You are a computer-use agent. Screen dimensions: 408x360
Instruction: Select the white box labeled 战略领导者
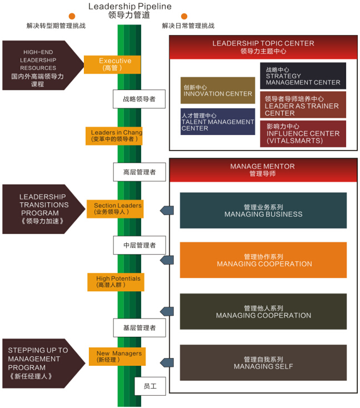pyautogui.click(x=139, y=99)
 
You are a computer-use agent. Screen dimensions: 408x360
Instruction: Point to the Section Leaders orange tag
pyautogui.click(x=117, y=208)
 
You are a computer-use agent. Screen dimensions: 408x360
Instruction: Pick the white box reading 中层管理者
pyautogui.click(x=139, y=245)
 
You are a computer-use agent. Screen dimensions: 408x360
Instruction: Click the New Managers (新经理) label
pyautogui.click(x=118, y=356)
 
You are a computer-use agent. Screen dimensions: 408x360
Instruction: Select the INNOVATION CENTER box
pyautogui.click(x=218, y=91)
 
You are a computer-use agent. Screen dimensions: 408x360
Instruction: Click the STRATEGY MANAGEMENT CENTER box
pyautogui.click(x=303, y=76)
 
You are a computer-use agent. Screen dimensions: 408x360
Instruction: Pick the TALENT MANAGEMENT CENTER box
pyautogui.click(x=218, y=122)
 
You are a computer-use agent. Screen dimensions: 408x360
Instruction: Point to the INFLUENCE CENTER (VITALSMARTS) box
pyautogui.click(x=303, y=134)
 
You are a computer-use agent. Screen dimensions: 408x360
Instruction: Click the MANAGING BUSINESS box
pyautogui.click(x=263, y=211)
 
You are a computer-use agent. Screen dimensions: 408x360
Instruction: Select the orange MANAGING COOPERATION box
pyautogui.click(x=263, y=260)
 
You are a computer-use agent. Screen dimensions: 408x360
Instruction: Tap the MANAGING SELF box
pyautogui.click(x=263, y=363)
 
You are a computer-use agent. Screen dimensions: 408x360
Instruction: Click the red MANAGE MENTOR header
pyautogui.click(x=263, y=170)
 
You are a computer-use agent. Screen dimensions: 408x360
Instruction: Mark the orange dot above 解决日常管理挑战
pyautogui.click(x=184, y=17)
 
